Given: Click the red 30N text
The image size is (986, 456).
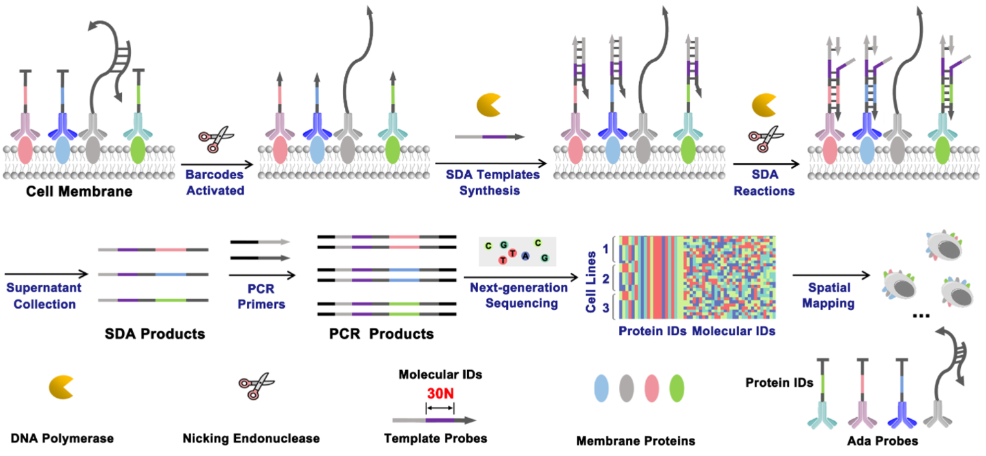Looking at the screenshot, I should coord(440,393).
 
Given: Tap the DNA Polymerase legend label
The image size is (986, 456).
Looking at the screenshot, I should coord(63,439).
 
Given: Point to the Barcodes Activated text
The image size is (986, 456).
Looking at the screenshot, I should coord(215,182).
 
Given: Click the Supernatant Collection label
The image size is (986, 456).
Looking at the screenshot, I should coord(41,295).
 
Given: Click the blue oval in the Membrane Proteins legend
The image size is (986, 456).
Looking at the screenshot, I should coord(601,388).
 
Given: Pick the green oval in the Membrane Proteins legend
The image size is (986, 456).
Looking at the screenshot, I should coord(677,388).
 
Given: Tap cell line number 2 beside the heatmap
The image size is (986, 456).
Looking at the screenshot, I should coord(605,279).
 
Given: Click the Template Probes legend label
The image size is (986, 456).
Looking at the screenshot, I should coord(435,439).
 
